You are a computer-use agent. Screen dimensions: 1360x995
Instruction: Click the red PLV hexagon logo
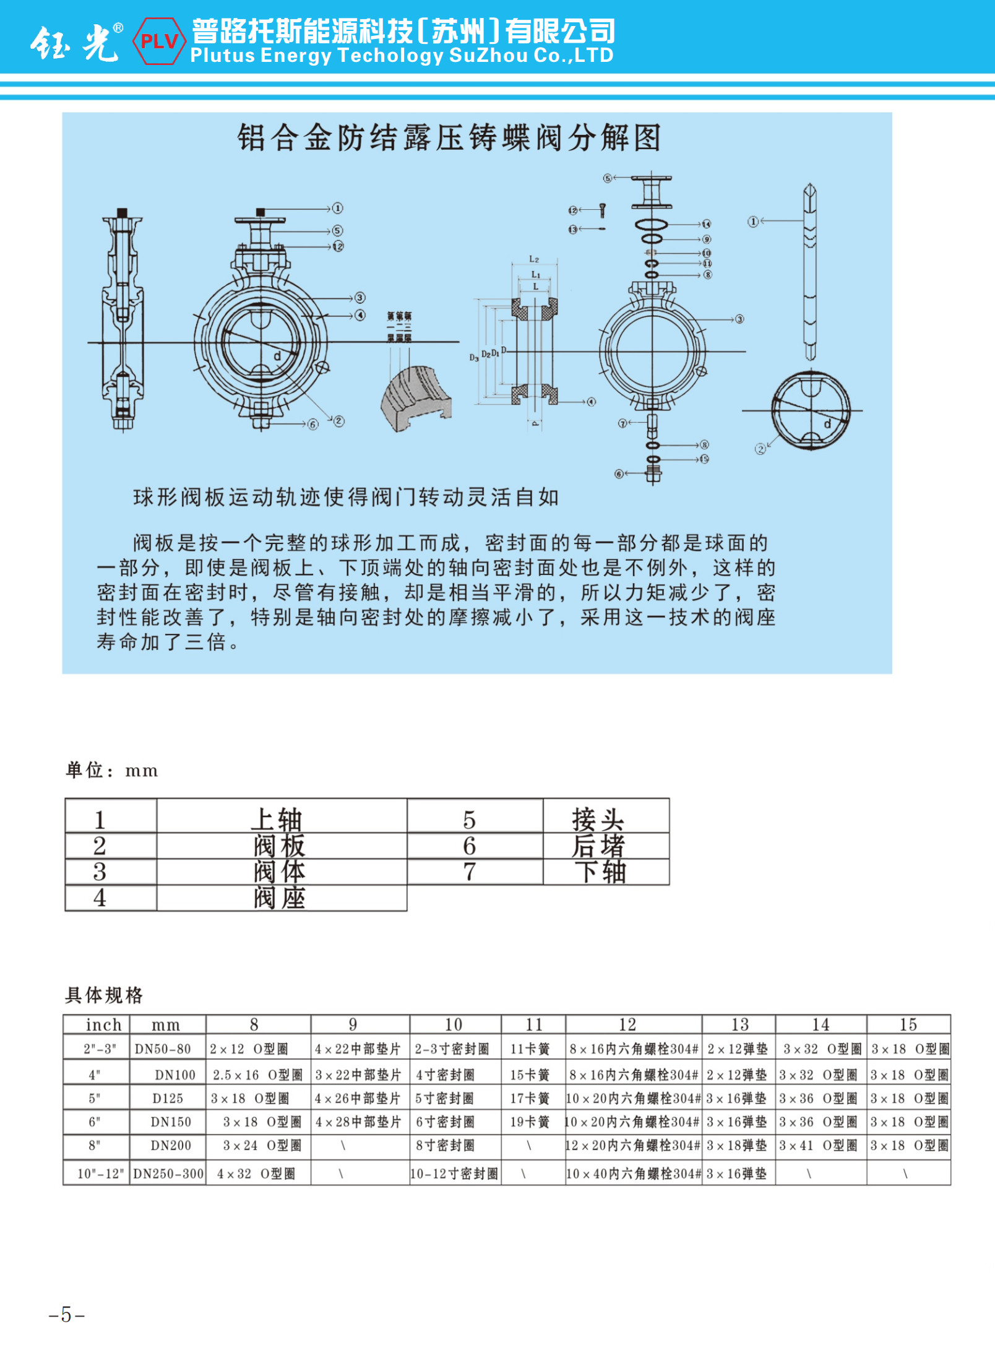coord(159,41)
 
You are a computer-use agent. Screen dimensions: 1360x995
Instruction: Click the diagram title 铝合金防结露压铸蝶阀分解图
coord(449,137)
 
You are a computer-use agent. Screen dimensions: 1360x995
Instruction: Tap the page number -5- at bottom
coord(66,1314)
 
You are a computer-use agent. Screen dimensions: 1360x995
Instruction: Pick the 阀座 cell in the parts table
coord(280,898)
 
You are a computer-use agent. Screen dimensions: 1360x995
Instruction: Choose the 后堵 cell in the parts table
coord(598,846)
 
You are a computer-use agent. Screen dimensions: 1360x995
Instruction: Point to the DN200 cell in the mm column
coord(171,1145)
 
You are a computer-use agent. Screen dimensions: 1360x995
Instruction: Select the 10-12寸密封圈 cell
coord(455,1174)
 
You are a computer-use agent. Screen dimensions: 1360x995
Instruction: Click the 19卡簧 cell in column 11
coord(530,1122)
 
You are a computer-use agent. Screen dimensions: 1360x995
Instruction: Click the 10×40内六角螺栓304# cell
coord(633,1174)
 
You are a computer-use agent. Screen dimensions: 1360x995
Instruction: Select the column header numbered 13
coord(739,1024)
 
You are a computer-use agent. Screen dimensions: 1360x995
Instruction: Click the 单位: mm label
coord(112,770)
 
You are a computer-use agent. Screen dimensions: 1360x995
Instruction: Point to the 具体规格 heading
coord(104,995)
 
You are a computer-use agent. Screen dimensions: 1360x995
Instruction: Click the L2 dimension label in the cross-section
coord(534,259)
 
